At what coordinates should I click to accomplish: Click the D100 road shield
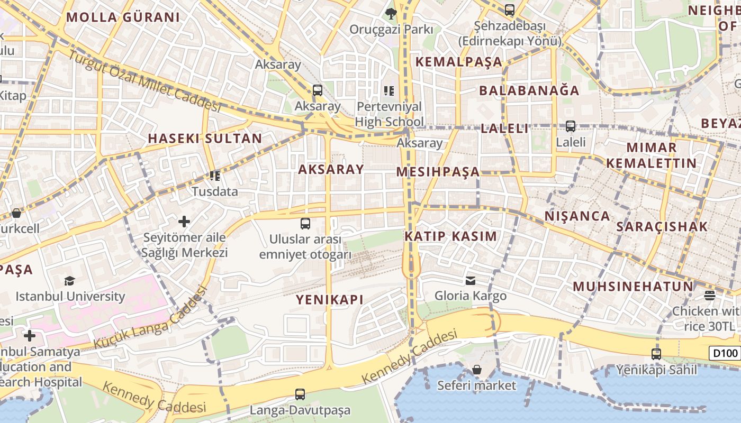[725, 354]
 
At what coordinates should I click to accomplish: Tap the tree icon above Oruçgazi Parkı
[391, 13]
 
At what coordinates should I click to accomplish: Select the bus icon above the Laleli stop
[571, 126]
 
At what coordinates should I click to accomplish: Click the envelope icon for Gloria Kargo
[470, 280]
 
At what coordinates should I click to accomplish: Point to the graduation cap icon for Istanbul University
[69, 280]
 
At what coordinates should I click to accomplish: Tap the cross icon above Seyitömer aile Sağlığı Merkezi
[184, 221]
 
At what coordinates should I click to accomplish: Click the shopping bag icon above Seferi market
[476, 370]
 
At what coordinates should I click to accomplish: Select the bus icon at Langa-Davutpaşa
[300, 394]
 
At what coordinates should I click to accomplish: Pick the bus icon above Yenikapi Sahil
[656, 354]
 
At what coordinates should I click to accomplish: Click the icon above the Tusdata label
[214, 176]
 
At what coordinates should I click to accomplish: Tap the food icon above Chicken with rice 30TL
[710, 295]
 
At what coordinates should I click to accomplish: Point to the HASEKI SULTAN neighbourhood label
[205, 139]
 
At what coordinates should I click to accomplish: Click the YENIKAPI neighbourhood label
[330, 300]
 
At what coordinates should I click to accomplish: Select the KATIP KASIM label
[451, 236]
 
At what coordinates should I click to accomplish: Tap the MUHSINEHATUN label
[633, 287]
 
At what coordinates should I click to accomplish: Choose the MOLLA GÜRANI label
[123, 17]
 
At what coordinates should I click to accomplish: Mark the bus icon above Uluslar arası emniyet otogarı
[305, 223]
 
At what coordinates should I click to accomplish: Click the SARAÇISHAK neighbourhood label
[662, 227]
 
